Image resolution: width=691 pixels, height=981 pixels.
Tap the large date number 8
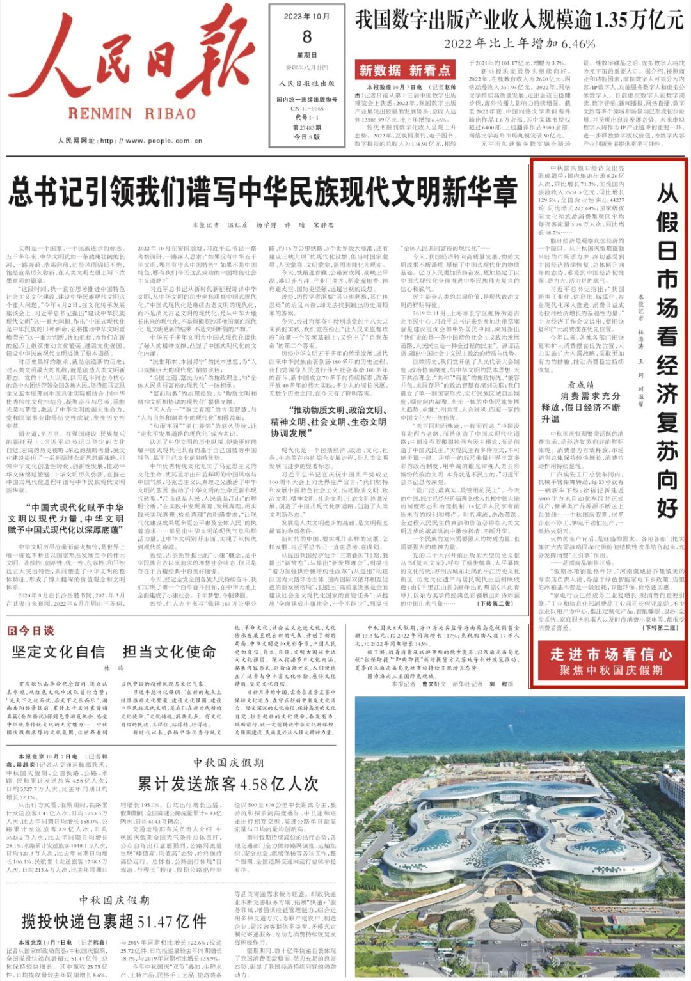coord(307,37)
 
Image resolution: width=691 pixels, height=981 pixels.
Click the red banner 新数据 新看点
coord(404,70)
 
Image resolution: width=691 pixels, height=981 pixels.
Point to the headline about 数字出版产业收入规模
coord(519,20)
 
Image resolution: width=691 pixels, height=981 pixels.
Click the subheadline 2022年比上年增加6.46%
coord(519,43)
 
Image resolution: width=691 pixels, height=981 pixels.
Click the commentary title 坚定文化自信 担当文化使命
coord(114,652)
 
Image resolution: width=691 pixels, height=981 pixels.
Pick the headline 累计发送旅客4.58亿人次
coord(228,783)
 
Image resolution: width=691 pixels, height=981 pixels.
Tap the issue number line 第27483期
coord(307,127)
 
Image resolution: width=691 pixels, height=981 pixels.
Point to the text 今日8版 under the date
coord(307,137)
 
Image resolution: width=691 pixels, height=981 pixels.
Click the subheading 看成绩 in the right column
coord(581,384)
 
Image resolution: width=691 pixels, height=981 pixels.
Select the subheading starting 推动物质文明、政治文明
coord(328,421)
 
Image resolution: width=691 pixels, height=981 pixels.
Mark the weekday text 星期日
coord(307,56)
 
